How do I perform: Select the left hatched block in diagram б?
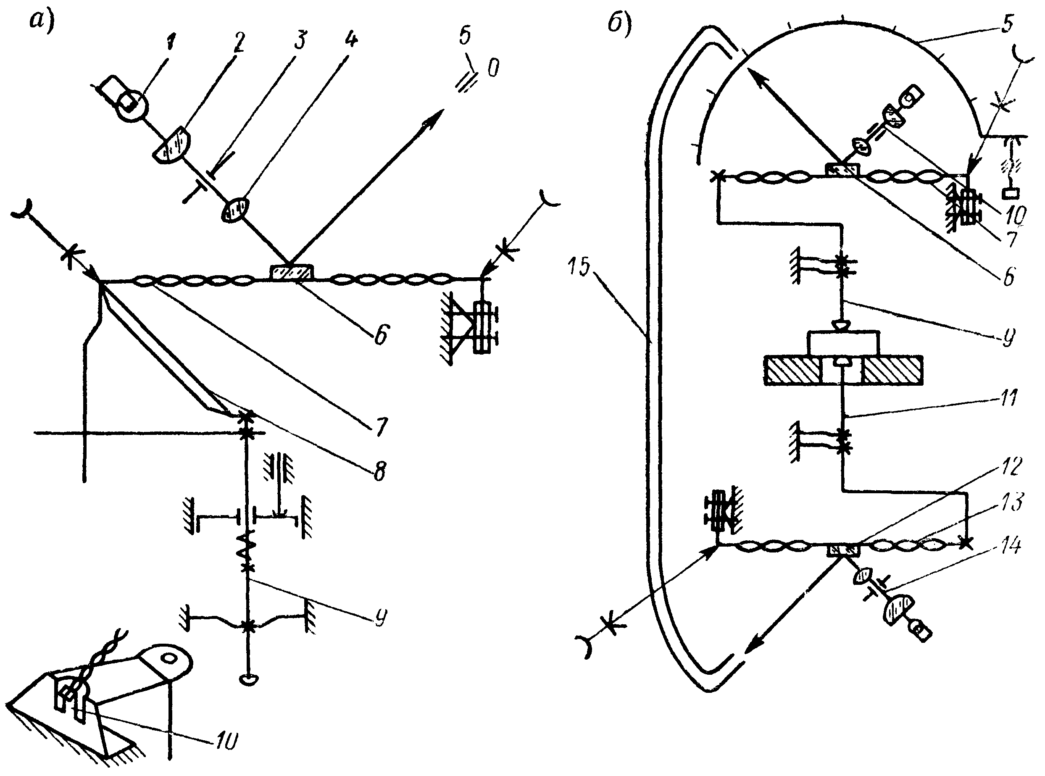(x=793, y=370)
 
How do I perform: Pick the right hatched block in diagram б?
(x=892, y=370)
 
